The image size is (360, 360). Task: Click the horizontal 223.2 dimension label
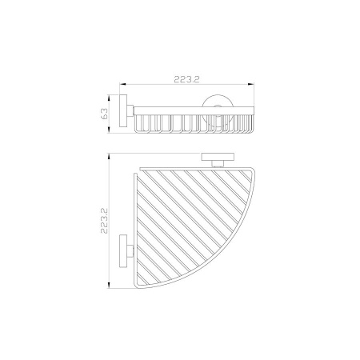click(186, 79)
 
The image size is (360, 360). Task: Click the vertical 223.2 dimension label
click(104, 221)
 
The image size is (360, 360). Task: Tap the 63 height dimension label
click(105, 114)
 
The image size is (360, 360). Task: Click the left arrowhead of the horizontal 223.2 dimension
click(122, 84)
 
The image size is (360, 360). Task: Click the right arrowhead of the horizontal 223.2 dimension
click(251, 84)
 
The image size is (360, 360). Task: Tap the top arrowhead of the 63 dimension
click(108, 98)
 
